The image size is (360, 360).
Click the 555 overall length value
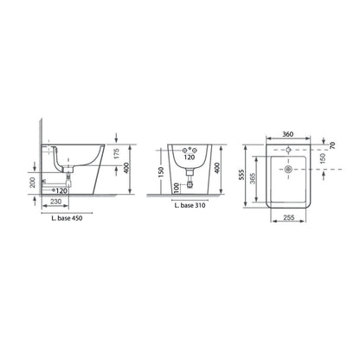click(246, 176)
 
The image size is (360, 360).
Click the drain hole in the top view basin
click(284, 170)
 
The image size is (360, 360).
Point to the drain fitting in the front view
click(189, 183)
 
